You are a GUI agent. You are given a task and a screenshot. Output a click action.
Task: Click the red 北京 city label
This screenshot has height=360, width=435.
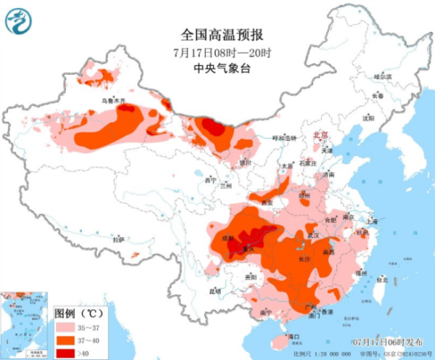click(x=320, y=136)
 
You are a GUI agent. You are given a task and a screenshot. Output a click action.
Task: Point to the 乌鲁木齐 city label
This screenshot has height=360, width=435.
click(x=113, y=100)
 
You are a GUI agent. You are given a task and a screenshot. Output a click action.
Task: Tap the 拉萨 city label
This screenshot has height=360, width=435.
click(x=119, y=239)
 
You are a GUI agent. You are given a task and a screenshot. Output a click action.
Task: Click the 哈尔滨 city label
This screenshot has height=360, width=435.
click(x=382, y=76)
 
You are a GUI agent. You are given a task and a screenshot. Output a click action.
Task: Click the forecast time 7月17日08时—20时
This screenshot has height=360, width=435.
click(x=221, y=52)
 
